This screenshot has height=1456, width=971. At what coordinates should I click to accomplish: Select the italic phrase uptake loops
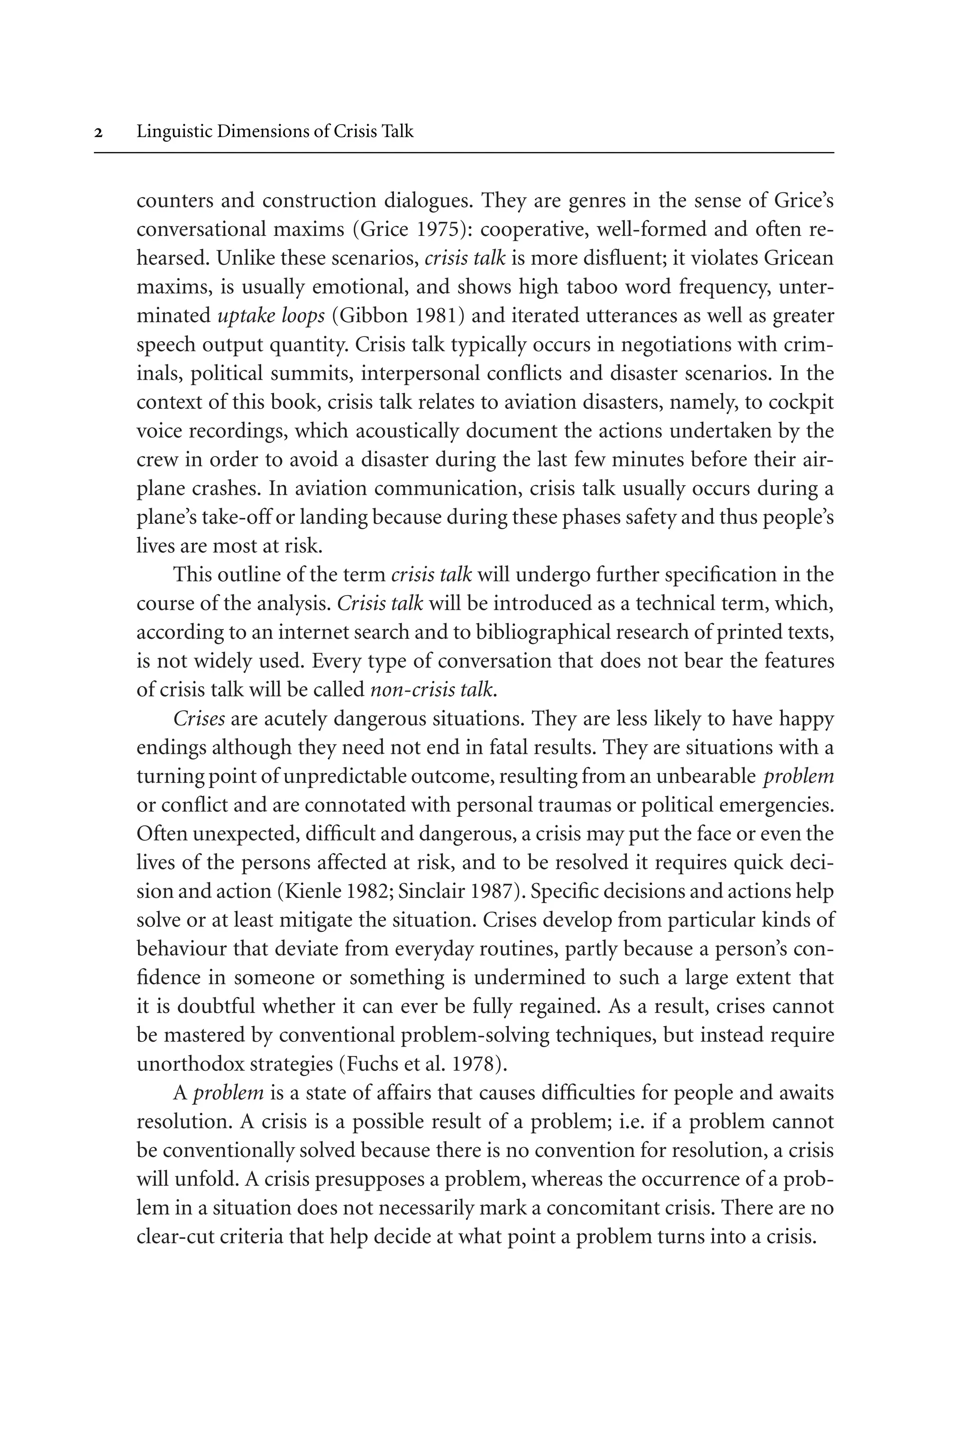coord(271,316)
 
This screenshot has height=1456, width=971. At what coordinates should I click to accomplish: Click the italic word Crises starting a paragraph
coord(199,719)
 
